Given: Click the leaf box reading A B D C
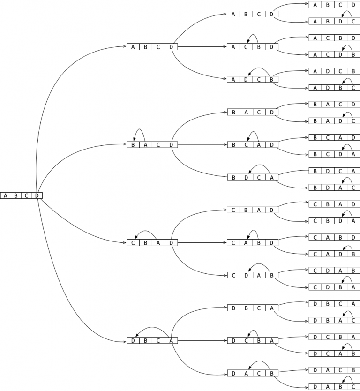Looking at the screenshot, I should coord(334,21).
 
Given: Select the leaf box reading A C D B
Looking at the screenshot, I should coord(334,54).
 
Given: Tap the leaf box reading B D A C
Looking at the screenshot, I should coord(334,188).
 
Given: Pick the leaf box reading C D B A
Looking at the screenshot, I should coord(334,287).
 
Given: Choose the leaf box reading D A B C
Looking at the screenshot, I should coord(334,387).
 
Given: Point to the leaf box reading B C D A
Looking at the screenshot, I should coord(334,154).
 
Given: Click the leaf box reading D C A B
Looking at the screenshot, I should coord(334,353).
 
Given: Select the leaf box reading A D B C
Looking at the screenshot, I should coord(334,88).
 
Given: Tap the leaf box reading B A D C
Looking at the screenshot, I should coord(334,121).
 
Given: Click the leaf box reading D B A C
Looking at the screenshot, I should coord(334,320).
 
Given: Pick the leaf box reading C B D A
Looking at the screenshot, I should coord(334,220).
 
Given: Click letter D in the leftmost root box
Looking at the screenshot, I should coord(37,195).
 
